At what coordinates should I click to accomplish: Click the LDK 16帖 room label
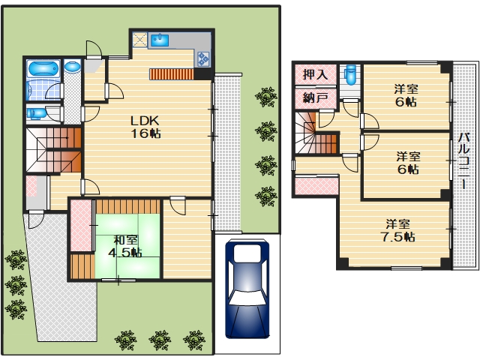point(145,127)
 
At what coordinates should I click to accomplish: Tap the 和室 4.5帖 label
point(125,247)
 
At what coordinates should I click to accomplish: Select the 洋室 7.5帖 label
point(398,230)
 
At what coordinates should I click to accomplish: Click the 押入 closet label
point(315,74)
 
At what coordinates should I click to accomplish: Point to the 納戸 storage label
point(315,98)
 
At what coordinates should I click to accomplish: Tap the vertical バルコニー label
point(464,160)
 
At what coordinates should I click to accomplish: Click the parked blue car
point(247,289)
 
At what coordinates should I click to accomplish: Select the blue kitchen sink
point(160,40)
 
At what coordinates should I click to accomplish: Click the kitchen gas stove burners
point(203,58)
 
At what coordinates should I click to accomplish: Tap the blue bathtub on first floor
point(43,68)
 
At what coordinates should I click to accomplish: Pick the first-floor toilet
point(36,113)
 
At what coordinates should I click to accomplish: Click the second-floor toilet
point(350,75)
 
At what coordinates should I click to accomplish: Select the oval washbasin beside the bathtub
point(73,67)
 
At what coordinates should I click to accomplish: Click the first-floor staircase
point(53,150)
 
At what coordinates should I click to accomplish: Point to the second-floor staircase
point(316,133)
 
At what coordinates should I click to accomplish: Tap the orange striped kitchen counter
point(172,74)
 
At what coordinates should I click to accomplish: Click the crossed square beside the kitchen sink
point(140,40)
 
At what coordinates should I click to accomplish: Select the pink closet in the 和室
point(81,226)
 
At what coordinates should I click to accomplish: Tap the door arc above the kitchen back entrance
point(94,48)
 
